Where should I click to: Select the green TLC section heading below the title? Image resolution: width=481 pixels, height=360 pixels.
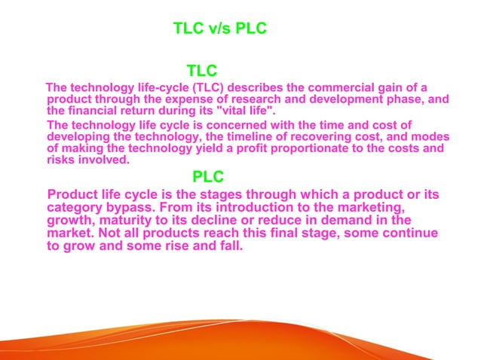[202, 71]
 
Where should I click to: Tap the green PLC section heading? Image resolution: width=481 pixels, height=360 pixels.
[208, 177]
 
